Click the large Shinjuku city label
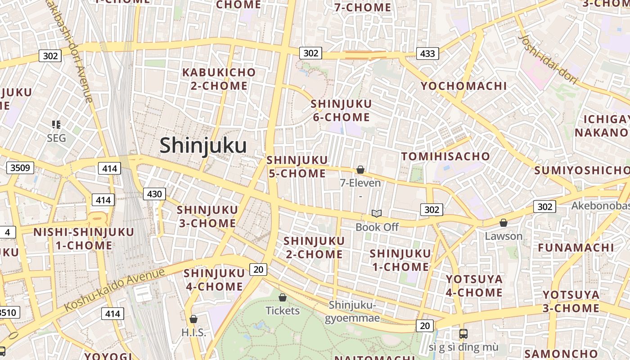203,146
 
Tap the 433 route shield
427,54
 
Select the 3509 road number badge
20,168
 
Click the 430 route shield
154,194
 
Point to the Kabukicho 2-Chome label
219,79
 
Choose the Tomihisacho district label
445,156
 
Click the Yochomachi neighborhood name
463,85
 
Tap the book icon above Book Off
377,213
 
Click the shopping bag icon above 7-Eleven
360,170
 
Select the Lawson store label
504,236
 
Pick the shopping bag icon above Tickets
283,297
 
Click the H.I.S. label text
193,333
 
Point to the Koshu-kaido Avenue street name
115,289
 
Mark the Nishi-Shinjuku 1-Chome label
84,238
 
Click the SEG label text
56,138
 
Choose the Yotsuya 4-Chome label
474,286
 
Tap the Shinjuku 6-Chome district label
341,110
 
